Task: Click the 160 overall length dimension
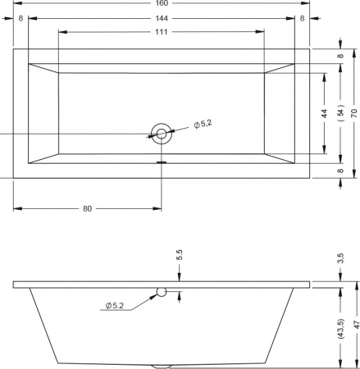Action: tap(162, 3)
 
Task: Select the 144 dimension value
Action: tap(162, 18)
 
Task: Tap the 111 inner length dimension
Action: tap(162, 32)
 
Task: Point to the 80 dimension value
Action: tap(87, 208)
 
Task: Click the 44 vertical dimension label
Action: tap(324, 113)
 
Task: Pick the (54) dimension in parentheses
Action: tap(340, 112)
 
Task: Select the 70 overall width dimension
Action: tap(354, 113)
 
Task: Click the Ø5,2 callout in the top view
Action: tap(203, 124)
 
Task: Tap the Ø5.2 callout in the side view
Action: tap(115, 305)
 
